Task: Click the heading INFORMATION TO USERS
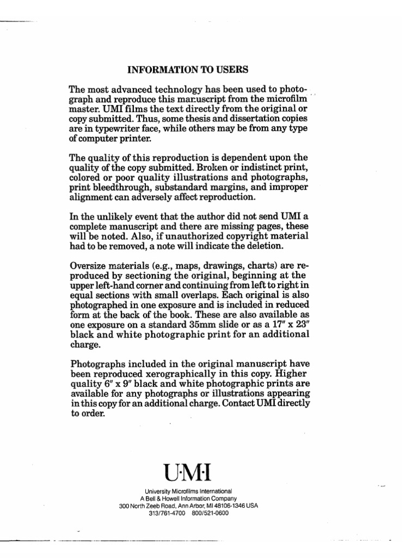[187, 70]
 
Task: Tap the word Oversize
[90, 266]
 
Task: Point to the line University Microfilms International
[189, 491]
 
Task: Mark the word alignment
[90, 197]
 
